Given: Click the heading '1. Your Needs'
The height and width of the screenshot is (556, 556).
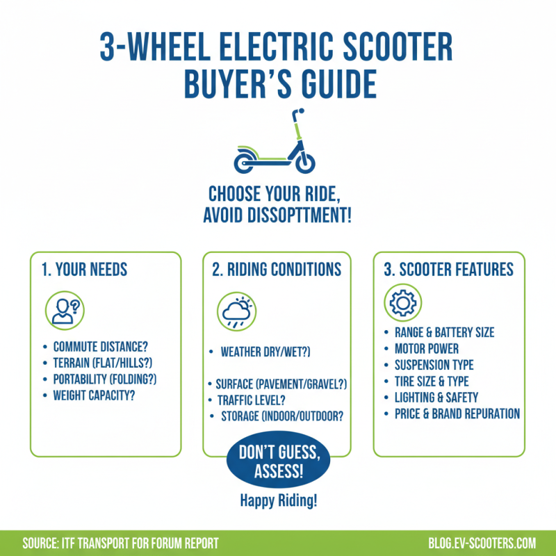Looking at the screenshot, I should click(84, 269).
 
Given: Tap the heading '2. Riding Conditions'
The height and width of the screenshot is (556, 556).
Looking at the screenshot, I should click(277, 269).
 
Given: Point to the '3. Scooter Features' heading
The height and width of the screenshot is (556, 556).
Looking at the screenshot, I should click(449, 269).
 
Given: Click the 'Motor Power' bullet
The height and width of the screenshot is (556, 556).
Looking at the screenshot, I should click(426, 348).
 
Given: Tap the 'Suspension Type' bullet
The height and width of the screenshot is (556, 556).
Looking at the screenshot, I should click(434, 365).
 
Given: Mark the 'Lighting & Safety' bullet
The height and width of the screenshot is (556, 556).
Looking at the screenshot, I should click(436, 398).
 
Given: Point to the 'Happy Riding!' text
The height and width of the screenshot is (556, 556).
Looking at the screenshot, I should click(277, 500).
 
